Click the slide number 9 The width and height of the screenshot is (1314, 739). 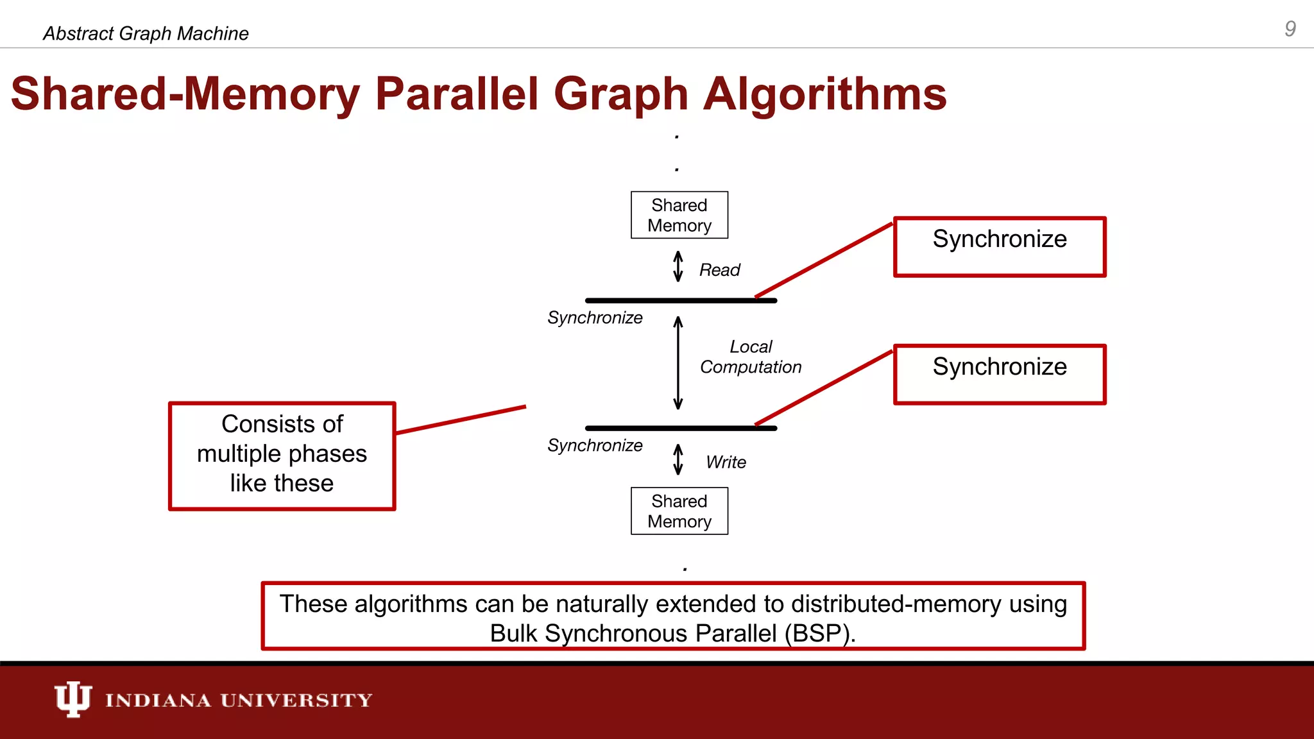point(1290,29)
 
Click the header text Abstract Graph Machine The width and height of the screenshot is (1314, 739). point(146,33)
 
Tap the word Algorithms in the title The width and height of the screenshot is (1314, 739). point(824,94)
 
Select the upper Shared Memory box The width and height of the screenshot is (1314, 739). point(679,215)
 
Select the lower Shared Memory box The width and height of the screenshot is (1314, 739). point(679,511)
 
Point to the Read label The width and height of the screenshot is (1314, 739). point(719,270)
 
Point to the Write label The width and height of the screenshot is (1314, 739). point(726,462)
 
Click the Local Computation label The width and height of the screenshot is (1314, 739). point(750,357)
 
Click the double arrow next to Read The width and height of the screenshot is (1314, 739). point(678,266)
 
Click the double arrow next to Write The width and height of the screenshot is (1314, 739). point(678,459)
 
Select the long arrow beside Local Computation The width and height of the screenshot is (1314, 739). point(678,363)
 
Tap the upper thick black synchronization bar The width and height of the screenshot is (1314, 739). point(680,300)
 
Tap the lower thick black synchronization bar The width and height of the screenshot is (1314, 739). point(680,428)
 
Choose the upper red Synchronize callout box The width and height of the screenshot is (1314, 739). point(999,246)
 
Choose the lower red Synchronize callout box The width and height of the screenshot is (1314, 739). point(999,374)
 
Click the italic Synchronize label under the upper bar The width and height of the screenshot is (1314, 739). point(595,318)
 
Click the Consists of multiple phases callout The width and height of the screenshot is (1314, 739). point(282,455)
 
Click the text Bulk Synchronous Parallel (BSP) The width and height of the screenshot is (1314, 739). point(672,633)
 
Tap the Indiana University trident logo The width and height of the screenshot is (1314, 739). point(73,699)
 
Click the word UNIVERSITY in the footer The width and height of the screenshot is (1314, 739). point(296,700)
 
